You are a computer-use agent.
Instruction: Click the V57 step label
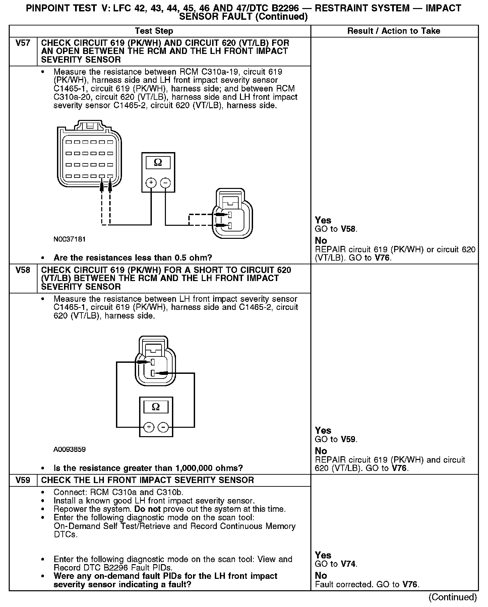click(x=23, y=43)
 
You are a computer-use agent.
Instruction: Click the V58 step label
click(x=23, y=270)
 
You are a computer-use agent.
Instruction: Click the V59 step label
click(x=23, y=480)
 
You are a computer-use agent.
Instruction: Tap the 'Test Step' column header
click(x=154, y=31)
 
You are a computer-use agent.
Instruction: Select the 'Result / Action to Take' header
click(x=393, y=31)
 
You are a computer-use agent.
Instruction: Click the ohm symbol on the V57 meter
click(x=158, y=162)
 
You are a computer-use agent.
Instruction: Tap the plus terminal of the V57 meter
click(x=151, y=183)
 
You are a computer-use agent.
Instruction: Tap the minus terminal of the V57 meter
click(x=165, y=183)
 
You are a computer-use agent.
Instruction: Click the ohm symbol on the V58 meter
click(x=156, y=407)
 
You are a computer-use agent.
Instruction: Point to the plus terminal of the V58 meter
click(x=149, y=427)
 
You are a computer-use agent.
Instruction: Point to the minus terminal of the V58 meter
click(x=163, y=427)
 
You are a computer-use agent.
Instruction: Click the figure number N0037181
click(x=69, y=239)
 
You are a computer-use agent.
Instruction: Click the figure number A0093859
click(x=69, y=450)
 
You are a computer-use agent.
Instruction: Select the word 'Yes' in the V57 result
click(x=323, y=220)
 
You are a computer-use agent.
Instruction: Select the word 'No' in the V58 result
click(x=321, y=451)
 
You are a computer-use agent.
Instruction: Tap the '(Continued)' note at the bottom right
click(x=452, y=597)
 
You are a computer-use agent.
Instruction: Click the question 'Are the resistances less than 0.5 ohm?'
click(x=133, y=258)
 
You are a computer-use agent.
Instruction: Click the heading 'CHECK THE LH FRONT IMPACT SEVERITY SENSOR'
click(x=147, y=480)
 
